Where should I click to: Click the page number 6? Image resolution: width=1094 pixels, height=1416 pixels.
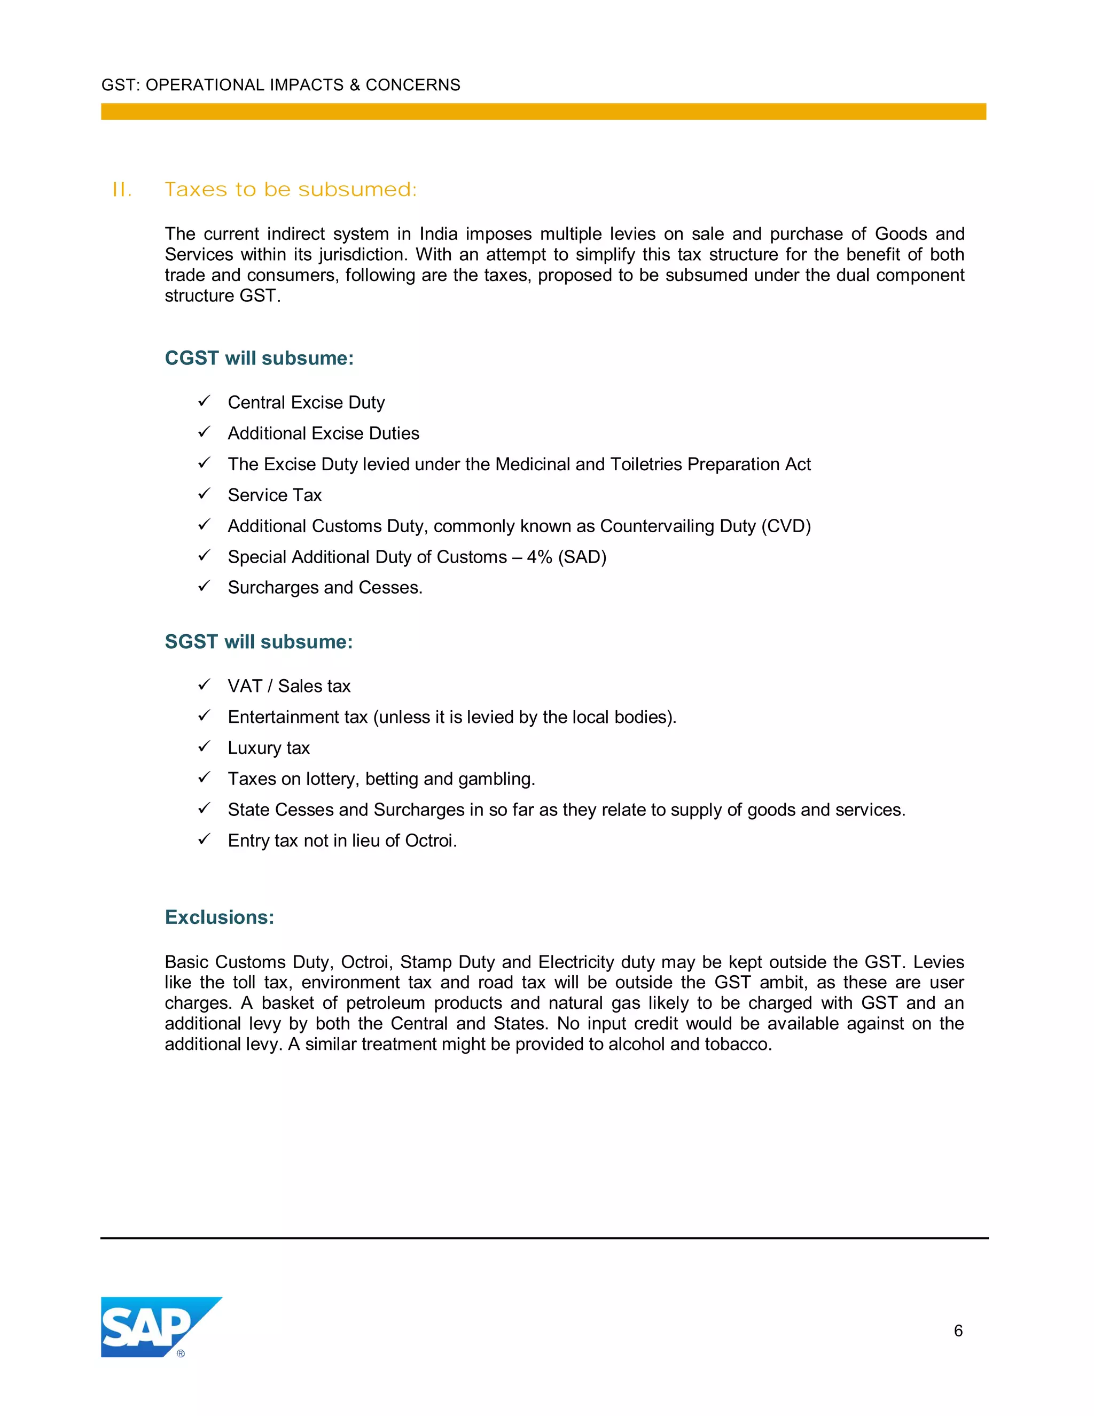point(958,1331)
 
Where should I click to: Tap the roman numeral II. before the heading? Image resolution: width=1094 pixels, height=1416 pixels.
point(122,190)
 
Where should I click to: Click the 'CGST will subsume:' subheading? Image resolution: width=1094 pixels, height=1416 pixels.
point(259,358)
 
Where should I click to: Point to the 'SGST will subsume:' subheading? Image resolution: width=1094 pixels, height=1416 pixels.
point(259,641)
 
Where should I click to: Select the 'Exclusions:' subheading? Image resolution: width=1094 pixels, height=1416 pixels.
point(219,917)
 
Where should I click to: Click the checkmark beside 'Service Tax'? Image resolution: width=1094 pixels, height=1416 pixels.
point(204,494)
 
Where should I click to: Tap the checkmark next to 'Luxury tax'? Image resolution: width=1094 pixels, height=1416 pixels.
point(204,747)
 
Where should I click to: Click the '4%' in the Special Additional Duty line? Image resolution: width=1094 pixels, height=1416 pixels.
point(539,557)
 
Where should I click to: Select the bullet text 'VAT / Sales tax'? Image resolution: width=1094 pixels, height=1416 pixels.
point(289,686)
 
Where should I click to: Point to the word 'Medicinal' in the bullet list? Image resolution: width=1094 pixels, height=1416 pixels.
point(532,464)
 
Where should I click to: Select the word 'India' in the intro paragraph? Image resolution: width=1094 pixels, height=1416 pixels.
point(438,234)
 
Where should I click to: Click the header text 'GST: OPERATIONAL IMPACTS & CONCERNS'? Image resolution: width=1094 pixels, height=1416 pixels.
point(280,85)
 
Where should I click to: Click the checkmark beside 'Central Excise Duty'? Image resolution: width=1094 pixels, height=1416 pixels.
point(204,401)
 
